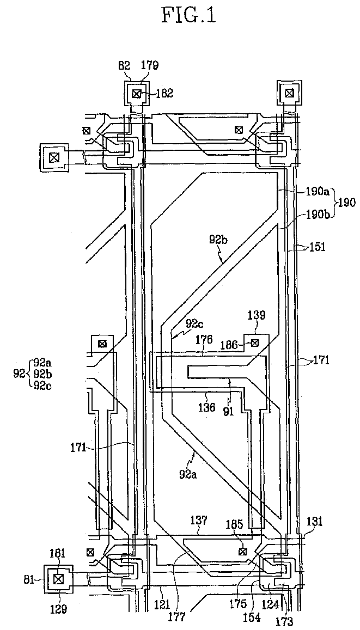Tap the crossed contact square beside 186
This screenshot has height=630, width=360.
pyautogui.click(x=254, y=343)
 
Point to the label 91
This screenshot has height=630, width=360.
pyautogui.click(x=229, y=413)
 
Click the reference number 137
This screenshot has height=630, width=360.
pyautogui.click(x=200, y=521)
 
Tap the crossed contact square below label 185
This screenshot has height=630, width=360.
pyautogui.click(x=242, y=552)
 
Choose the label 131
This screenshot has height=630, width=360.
pyautogui.click(x=315, y=522)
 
